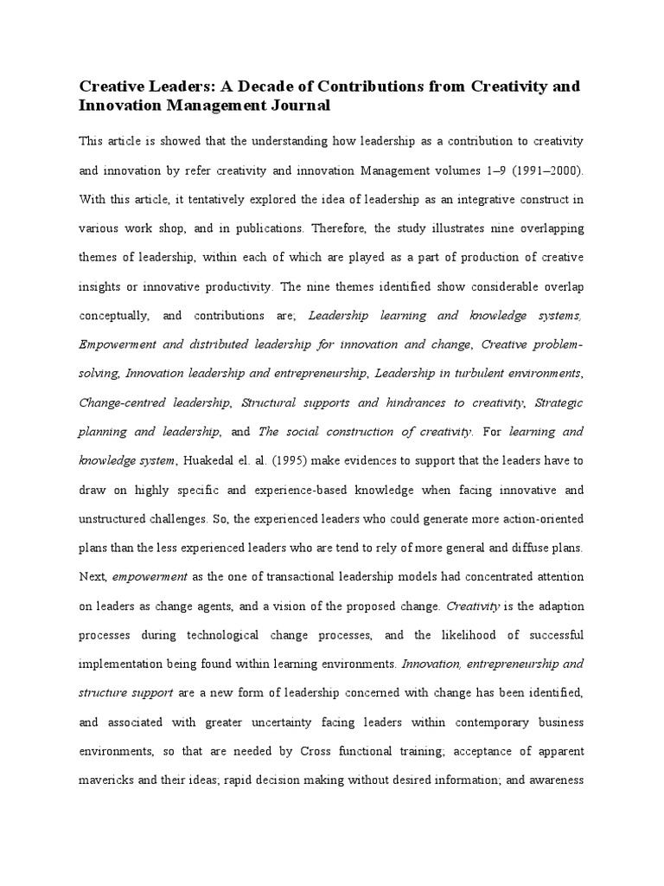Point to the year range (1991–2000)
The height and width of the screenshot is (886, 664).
(540, 170)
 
